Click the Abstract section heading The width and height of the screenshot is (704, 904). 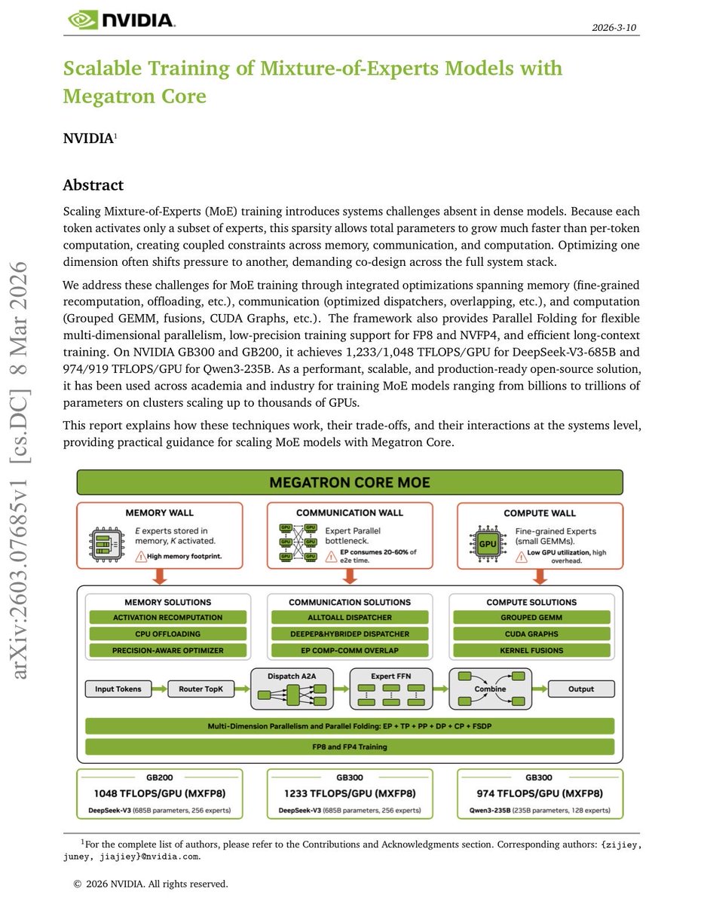click(x=93, y=185)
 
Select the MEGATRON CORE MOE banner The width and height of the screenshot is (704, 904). click(x=350, y=482)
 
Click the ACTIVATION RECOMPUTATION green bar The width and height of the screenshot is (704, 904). click(x=167, y=617)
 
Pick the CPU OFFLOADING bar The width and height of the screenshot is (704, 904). click(x=167, y=634)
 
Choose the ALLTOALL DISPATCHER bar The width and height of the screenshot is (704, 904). click(x=349, y=617)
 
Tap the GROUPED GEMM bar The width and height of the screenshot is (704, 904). click(x=531, y=617)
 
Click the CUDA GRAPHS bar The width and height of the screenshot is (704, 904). click(x=531, y=634)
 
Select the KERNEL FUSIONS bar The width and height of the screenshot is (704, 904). click(x=531, y=650)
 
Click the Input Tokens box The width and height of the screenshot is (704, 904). click(x=118, y=689)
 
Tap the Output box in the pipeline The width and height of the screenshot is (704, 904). click(x=580, y=689)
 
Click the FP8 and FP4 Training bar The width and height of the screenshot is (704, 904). click(x=350, y=747)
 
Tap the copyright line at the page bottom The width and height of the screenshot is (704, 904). click(x=150, y=884)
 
